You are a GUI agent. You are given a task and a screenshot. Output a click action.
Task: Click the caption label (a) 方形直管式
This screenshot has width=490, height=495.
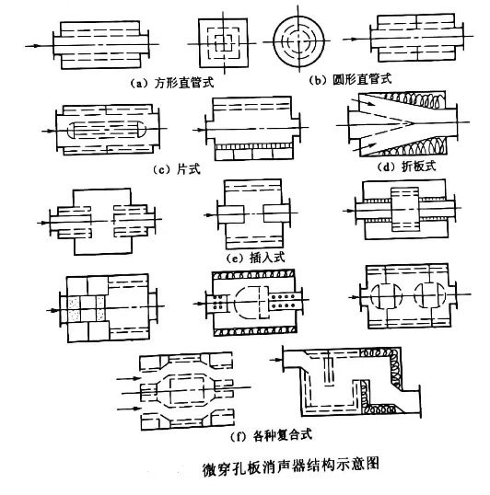[172, 83]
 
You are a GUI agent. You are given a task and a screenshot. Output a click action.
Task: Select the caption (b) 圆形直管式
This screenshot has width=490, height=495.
[350, 79]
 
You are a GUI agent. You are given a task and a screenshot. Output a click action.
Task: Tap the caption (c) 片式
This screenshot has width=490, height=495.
[177, 169]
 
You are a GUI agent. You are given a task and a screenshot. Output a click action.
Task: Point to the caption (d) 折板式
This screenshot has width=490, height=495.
[406, 167]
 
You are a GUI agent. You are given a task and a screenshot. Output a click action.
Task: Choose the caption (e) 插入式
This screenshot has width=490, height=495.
[256, 258]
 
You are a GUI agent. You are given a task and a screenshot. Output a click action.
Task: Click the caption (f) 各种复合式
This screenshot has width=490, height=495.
[272, 435]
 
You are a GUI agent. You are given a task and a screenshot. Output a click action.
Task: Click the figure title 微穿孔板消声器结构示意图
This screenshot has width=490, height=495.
[290, 466]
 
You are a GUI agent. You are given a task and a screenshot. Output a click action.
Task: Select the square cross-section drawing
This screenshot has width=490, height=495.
[224, 43]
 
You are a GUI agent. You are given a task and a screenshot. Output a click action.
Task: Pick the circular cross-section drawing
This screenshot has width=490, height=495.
[298, 41]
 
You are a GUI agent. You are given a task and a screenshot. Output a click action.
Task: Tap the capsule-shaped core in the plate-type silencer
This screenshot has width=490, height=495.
[107, 130]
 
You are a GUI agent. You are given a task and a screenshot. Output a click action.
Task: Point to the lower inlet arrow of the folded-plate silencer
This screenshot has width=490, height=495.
[364, 146]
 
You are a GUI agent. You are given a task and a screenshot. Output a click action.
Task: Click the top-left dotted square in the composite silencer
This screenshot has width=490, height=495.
[75, 303]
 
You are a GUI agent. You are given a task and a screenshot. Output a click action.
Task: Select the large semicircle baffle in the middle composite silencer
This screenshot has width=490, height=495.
[248, 303]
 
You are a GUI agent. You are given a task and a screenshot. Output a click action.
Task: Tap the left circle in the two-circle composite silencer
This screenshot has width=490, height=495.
[386, 295]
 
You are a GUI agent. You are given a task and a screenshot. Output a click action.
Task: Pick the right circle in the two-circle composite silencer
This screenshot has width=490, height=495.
[429, 295]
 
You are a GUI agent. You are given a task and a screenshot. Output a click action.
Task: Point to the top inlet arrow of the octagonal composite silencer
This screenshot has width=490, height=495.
[129, 378]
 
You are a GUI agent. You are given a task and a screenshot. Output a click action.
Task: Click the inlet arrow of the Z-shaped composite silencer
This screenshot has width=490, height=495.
[275, 359]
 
